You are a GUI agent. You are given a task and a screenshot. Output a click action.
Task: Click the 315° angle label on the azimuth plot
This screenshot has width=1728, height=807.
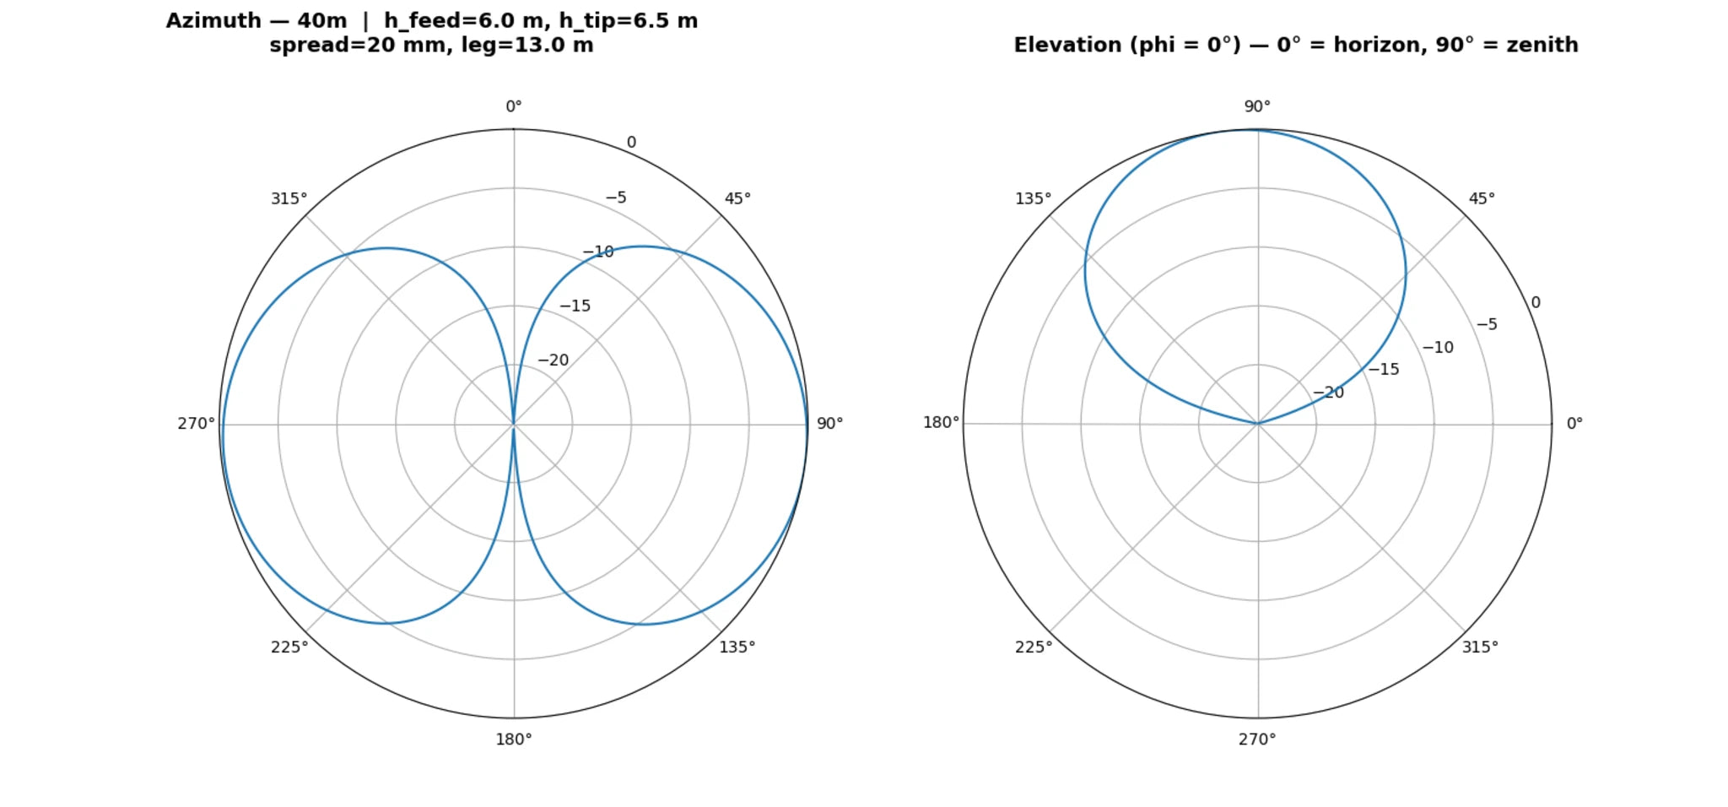tap(289, 199)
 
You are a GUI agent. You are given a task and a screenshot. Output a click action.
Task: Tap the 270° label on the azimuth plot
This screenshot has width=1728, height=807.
tap(196, 424)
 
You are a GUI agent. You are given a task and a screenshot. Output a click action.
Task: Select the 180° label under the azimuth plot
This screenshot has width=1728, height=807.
tap(513, 740)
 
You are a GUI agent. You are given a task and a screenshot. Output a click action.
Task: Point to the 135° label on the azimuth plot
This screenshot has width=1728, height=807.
tap(737, 647)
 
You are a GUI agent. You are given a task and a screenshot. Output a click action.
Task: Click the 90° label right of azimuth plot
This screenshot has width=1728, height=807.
tap(829, 424)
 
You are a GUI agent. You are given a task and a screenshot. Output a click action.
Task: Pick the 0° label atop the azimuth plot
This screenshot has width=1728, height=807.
tap(513, 107)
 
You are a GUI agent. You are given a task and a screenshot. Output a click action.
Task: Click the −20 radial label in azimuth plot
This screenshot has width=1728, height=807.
tap(553, 360)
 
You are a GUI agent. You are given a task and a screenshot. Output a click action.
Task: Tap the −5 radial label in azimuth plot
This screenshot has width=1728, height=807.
tap(616, 198)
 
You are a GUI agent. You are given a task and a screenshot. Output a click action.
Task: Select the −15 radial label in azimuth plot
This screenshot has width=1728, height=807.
tap(575, 306)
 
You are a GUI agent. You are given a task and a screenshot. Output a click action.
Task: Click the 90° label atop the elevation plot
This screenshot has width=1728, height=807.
tap(1257, 107)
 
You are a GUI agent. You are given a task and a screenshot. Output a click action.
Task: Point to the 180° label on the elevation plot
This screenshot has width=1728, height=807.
tap(941, 422)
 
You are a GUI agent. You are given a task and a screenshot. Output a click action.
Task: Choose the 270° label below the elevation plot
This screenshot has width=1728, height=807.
tap(1257, 740)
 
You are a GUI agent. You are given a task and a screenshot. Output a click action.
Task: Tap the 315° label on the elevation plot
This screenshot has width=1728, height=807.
tap(1480, 647)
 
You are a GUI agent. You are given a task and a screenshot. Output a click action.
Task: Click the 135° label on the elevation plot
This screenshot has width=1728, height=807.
tap(1033, 199)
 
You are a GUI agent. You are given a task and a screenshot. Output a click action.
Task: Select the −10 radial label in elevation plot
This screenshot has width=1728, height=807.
tap(1438, 348)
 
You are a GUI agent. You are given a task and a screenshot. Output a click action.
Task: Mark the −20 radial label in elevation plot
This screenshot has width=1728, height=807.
tap(1328, 393)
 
